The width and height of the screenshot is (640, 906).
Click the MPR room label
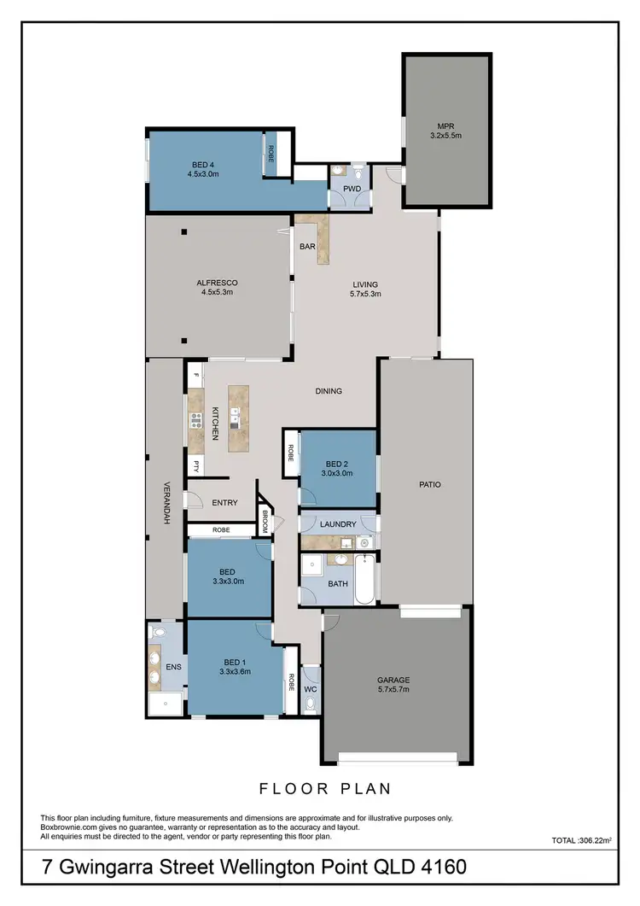pyautogui.click(x=448, y=126)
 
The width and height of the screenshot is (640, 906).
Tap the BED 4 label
pyautogui.click(x=203, y=164)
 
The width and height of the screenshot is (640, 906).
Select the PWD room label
pyautogui.click(x=352, y=189)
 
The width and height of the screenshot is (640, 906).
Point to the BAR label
pyautogui.click(x=307, y=247)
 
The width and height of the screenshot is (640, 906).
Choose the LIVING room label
pyautogui.click(x=365, y=284)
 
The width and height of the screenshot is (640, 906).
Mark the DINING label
pyautogui.click(x=329, y=391)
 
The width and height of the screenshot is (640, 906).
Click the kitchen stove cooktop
pyautogui.click(x=195, y=418)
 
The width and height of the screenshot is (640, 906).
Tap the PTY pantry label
pyautogui.click(x=195, y=466)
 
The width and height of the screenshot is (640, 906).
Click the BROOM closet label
pyautogui.click(x=265, y=523)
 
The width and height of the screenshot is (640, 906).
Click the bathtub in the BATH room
pyautogui.click(x=365, y=581)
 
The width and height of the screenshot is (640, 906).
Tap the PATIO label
pyautogui.click(x=429, y=484)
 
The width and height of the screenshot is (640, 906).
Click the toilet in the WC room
pyautogui.click(x=310, y=704)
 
